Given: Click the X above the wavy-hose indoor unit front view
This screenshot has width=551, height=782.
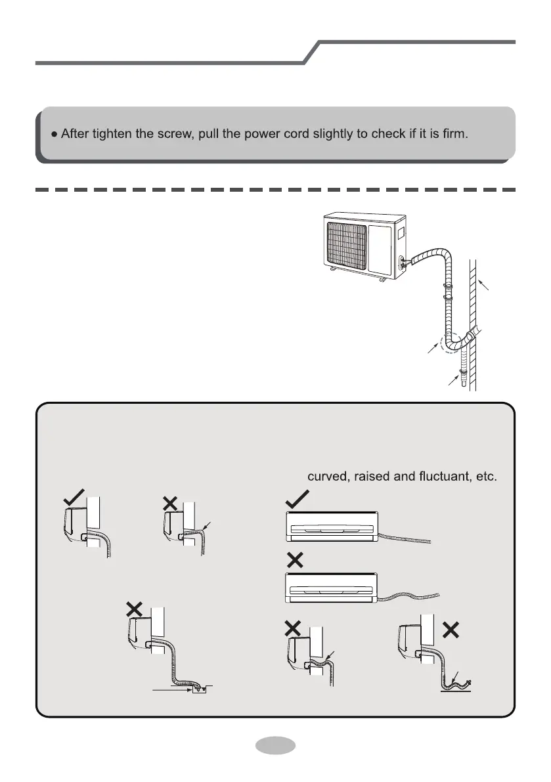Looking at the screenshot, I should point(295,560).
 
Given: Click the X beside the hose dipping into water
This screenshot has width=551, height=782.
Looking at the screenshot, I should point(134,609).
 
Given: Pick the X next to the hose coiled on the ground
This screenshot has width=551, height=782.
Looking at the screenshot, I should point(451,628).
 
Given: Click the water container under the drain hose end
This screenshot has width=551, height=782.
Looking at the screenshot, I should point(198,689).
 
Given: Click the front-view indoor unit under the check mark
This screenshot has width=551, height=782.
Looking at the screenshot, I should point(331,527).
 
